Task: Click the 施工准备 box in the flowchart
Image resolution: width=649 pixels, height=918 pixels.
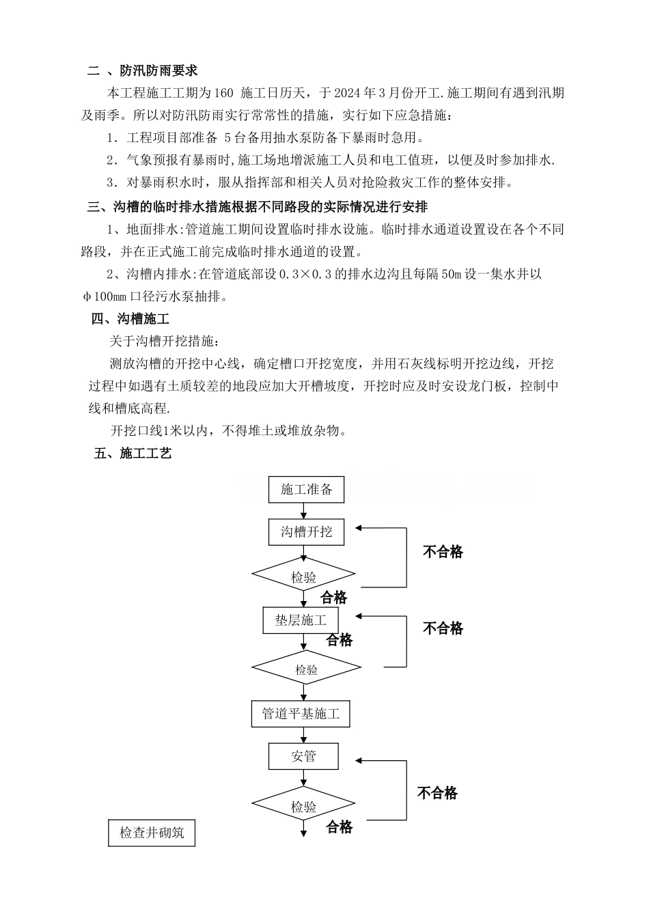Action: pyautogui.click(x=307, y=489)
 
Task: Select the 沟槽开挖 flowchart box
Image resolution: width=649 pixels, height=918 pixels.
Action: pyautogui.click(x=307, y=531)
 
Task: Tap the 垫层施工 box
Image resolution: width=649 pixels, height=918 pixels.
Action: pyautogui.click(x=301, y=620)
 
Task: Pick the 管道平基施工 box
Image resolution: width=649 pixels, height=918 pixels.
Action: pyautogui.click(x=301, y=714)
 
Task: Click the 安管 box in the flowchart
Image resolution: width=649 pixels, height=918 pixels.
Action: pyautogui.click(x=304, y=756)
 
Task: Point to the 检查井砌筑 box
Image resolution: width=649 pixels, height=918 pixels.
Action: pyautogui.click(x=152, y=833)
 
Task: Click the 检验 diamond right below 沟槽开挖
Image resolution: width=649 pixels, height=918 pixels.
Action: pyautogui.click(x=304, y=577)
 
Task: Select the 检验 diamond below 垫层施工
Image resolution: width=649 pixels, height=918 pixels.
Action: pyautogui.click(x=306, y=670)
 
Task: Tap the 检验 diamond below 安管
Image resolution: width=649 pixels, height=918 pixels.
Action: pyautogui.click(x=304, y=807)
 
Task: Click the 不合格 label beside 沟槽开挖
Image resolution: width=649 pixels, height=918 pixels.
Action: pyautogui.click(x=443, y=552)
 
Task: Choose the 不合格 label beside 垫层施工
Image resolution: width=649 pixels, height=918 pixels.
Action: pyautogui.click(x=443, y=628)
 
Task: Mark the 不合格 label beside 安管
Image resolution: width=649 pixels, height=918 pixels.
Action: pyautogui.click(x=437, y=792)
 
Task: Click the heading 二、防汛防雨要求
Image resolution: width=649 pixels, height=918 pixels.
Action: pyautogui.click(x=143, y=70)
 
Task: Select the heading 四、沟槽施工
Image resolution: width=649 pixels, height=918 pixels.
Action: pyautogui.click(x=130, y=319)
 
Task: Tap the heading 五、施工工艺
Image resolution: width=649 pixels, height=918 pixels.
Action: pyautogui.click(x=133, y=453)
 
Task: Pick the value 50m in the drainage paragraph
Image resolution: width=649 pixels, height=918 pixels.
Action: pyautogui.click(x=452, y=275)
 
